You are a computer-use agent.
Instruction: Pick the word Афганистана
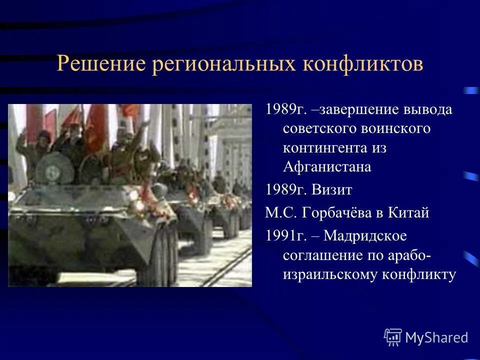coord(327,167)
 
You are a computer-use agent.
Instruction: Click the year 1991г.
coord(282,236)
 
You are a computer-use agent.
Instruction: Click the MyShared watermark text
coord(436,337)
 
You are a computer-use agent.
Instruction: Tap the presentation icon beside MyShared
coord(393,337)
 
